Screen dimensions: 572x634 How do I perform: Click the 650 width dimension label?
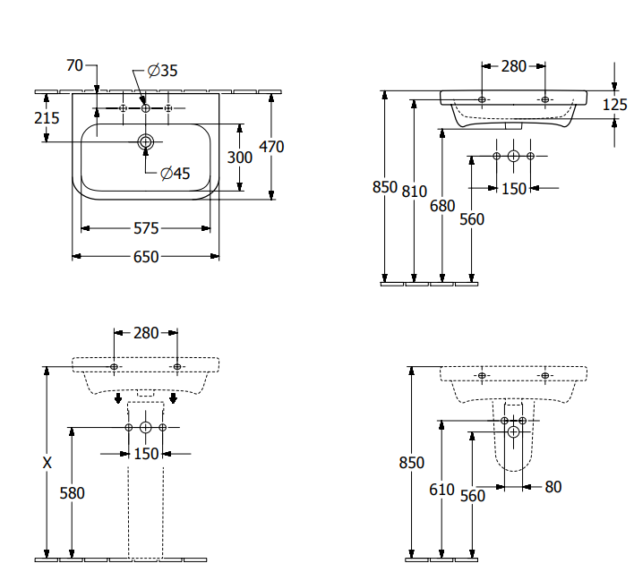coord(146,257)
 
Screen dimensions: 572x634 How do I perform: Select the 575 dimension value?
coord(146,228)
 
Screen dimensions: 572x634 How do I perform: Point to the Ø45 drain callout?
coord(176,174)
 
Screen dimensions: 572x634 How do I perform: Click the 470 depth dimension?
coord(271,146)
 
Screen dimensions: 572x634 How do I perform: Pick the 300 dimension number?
coord(239,157)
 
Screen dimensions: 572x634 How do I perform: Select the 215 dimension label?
coord(47,117)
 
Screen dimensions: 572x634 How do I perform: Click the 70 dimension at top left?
coord(74,64)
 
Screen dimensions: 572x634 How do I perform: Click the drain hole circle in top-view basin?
coord(146,141)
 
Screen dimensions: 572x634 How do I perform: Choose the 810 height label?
coord(415,191)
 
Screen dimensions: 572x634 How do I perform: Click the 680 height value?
coord(442,205)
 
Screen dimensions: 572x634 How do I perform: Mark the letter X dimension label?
coord(47,463)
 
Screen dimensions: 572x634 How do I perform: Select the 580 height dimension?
coord(72,492)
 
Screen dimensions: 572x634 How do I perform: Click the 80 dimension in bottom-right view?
coord(553,487)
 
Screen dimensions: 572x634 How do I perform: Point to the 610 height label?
coord(442,489)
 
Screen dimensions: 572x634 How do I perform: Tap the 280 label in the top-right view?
coord(513,65)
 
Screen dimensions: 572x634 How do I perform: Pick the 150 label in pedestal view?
coord(146,454)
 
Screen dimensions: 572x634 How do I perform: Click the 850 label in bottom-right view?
coord(411,463)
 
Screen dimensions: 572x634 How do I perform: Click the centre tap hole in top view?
coord(146,108)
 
